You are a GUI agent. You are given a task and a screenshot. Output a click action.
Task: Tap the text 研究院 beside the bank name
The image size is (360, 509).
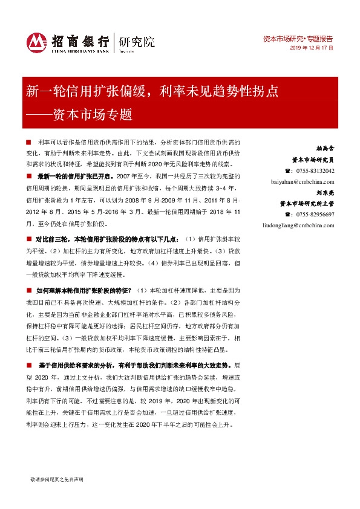click(137, 42)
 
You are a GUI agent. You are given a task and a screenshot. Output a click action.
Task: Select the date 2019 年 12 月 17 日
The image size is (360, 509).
click(312, 47)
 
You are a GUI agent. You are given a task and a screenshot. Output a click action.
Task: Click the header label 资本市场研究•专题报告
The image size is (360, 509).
click(299, 37)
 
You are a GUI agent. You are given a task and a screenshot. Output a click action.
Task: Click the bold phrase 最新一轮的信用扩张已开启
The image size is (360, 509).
click(75, 176)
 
